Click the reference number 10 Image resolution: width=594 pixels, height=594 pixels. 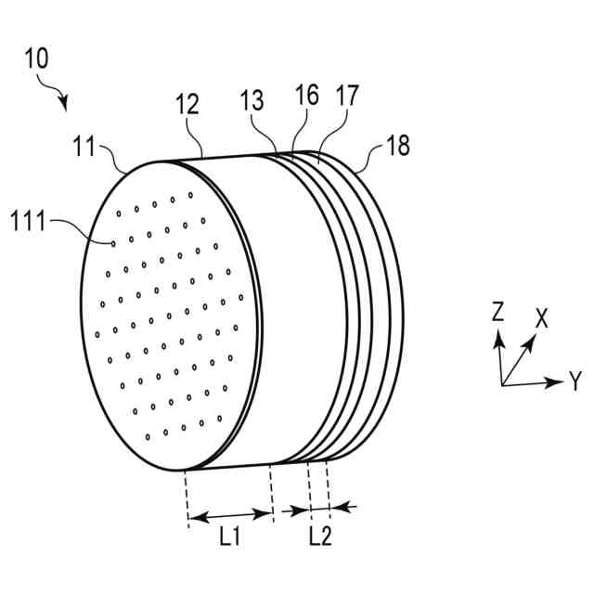[x=38, y=58]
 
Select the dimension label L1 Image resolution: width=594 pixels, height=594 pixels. [x=229, y=536]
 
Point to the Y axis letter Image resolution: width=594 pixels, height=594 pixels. [x=575, y=380]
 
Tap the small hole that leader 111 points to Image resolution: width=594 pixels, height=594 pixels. [x=113, y=244]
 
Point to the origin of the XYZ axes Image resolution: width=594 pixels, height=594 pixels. [x=502, y=383]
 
